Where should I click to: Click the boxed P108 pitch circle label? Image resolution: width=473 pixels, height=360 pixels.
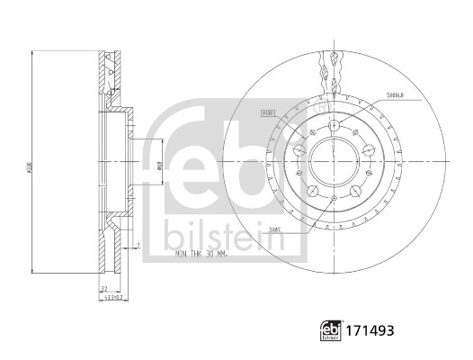[x=267, y=113]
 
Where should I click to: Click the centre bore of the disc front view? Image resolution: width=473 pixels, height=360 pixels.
[x=335, y=162]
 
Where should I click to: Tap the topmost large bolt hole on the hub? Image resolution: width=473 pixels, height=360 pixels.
[x=335, y=127]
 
